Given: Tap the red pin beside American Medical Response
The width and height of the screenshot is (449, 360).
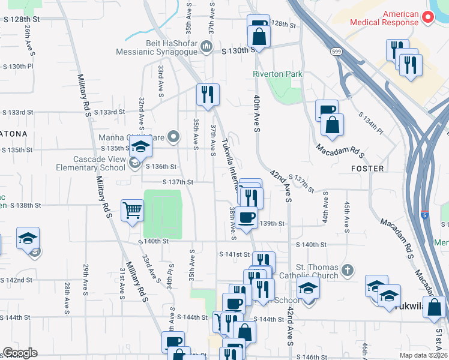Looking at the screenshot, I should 428,17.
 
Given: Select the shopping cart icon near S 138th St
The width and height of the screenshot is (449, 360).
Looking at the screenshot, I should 132,211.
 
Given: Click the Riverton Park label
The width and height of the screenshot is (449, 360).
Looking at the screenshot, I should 277,74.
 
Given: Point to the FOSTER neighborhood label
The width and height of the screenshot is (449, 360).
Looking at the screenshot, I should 367,169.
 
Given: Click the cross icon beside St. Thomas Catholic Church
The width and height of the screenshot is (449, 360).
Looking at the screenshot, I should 347,271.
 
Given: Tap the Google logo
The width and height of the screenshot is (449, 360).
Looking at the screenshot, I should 20,353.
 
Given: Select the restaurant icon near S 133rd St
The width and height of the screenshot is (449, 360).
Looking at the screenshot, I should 208,95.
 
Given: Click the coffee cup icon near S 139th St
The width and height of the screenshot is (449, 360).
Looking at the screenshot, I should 246,217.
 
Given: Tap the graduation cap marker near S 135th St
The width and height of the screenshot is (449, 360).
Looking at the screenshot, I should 140,148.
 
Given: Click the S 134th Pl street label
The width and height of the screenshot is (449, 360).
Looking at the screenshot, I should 370,122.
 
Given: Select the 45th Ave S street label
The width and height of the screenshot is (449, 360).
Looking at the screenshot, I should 347,215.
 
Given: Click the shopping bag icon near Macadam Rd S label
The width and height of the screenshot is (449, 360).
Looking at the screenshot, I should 332,125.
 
